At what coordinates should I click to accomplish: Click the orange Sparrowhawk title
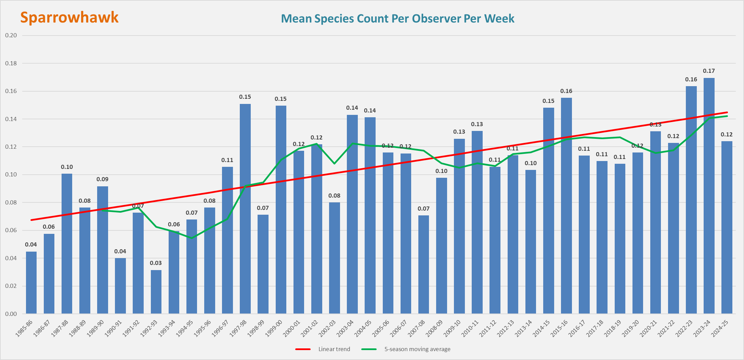pyautogui.click(x=69, y=17)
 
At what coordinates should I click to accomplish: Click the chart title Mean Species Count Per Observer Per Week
pyautogui.click(x=397, y=18)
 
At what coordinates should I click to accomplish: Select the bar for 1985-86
pyautogui.click(x=31, y=282)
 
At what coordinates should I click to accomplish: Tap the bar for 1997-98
pyautogui.click(x=245, y=209)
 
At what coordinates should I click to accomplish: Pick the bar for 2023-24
pyautogui.click(x=709, y=196)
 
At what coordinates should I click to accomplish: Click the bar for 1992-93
pyautogui.click(x=156, y=292)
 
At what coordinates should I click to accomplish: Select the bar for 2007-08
pyautogui.click(x=423, y=264)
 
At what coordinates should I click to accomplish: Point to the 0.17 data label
pyautogui.click(x=709, y=71)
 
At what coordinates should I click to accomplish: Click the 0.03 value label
pyautogui.click(x=156, y=263)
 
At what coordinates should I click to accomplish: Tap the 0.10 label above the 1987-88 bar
pyautogui.click(x=67, y=167)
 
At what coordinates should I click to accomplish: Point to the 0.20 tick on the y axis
pyautogui.click(x=11, y=35)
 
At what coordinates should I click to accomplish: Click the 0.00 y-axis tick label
pyautogui.click(x=11, y=314)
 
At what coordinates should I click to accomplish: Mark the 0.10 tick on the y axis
pyautogui.click(x=11, y=174)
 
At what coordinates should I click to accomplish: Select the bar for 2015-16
pyautogui.click(x=566, y=205)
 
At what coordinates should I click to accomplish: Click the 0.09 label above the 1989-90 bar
pyautogui.click(x=102, y=179)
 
